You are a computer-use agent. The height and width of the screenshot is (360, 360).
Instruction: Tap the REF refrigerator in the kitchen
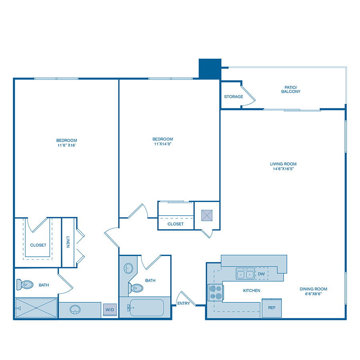[272, 308]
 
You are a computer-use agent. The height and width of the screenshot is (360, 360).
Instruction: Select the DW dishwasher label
[262, 274]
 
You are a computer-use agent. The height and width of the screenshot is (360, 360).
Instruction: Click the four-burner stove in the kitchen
[215, 292]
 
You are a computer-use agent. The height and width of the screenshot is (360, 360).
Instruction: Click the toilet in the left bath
[24, 285]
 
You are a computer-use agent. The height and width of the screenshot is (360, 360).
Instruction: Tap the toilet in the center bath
[136, 288]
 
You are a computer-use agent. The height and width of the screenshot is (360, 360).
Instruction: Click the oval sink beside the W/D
[75, 309]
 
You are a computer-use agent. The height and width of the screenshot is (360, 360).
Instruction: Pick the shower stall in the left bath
[36, 308]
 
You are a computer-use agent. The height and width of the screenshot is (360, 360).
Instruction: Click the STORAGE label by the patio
[234, 97]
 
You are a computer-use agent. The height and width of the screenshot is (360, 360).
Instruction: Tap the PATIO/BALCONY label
[290, 89]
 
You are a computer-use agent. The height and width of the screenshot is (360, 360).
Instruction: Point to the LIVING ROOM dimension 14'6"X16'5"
[283, 169]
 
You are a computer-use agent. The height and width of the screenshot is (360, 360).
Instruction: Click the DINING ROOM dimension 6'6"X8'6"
[314, 294]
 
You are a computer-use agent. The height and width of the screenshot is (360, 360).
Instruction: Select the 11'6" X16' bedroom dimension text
[66, 145]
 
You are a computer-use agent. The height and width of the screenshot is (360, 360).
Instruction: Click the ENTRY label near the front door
[184, 303]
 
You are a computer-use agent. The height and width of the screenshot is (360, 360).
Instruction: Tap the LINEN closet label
[68, 242]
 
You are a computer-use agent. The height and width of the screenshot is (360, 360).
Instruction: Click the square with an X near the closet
[207, 215]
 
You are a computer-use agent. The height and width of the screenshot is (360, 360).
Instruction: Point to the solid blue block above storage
[210, 68]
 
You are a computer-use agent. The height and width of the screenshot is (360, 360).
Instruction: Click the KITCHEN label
[252, 290]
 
